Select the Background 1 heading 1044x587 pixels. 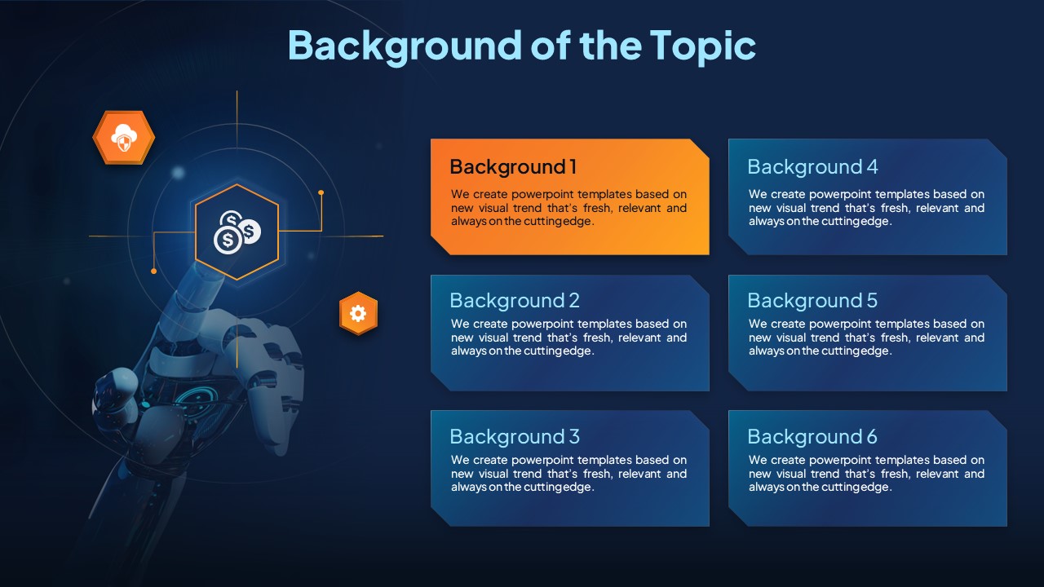(513, 167)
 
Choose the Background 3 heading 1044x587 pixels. (515, 436)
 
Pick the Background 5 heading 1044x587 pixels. (812, 301)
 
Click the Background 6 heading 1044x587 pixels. (812, 436)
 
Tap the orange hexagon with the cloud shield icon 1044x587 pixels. (123, 138)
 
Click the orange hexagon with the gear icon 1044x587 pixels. (358, 313)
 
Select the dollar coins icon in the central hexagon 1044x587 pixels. (237, 232)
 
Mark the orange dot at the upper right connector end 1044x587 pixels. (321, 192)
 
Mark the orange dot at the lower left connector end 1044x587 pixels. (154, 271)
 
